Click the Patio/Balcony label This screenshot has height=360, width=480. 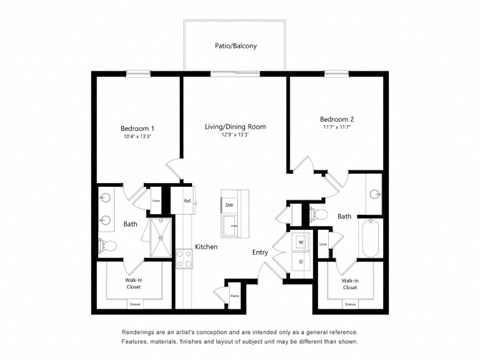(235, 46)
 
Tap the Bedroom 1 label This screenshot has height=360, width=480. (137, 129)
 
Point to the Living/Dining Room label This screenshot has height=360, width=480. (235, 126)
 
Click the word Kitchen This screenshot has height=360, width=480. (206, 246)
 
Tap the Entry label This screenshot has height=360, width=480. (259, 252)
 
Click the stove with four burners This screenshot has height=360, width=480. (184, 258)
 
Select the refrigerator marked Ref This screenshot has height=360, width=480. (187, 202)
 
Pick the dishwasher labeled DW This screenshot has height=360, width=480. (229, 205)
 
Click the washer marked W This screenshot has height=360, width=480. (300, 242)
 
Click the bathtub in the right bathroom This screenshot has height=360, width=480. (369, 240)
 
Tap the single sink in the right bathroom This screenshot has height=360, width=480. (375, 195)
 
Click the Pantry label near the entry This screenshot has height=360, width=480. (233, 296)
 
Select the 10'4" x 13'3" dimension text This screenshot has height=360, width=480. (136, 138)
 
